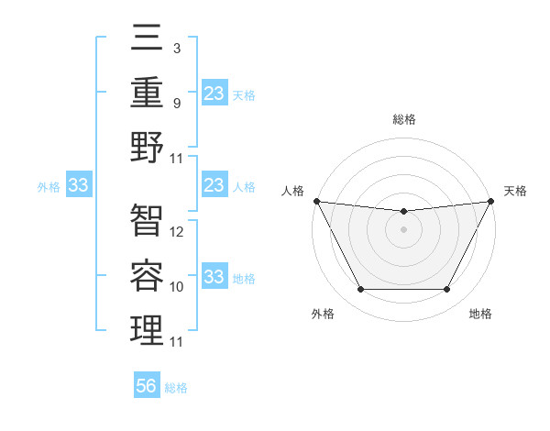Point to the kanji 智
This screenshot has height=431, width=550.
147,220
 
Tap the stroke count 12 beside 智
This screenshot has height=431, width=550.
178,232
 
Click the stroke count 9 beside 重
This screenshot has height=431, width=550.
177,103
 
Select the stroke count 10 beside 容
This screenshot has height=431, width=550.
178,287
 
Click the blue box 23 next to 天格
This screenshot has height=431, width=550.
214,94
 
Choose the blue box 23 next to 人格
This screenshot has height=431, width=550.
214,186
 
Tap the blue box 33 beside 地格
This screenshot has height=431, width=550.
214,278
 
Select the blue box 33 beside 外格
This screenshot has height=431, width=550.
78,186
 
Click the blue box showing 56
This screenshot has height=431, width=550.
147,387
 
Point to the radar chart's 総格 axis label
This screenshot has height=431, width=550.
403,119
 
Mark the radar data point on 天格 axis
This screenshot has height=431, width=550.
492,201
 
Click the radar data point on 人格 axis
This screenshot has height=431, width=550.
316,201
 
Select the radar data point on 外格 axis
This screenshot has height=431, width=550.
360,290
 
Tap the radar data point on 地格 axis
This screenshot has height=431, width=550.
447,290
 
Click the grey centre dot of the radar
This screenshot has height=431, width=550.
403,229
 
